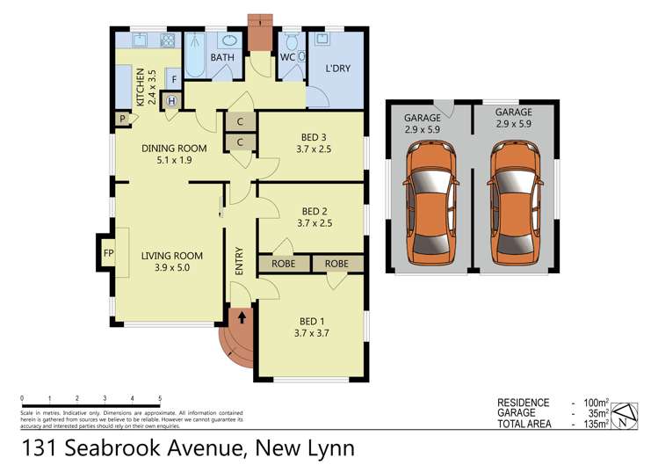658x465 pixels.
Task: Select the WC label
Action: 287,58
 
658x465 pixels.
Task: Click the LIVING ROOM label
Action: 171,257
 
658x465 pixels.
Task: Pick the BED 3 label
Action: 314,136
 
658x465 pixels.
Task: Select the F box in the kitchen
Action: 174,80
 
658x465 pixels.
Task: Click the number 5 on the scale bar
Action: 161,398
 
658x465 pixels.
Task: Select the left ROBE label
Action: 284,263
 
